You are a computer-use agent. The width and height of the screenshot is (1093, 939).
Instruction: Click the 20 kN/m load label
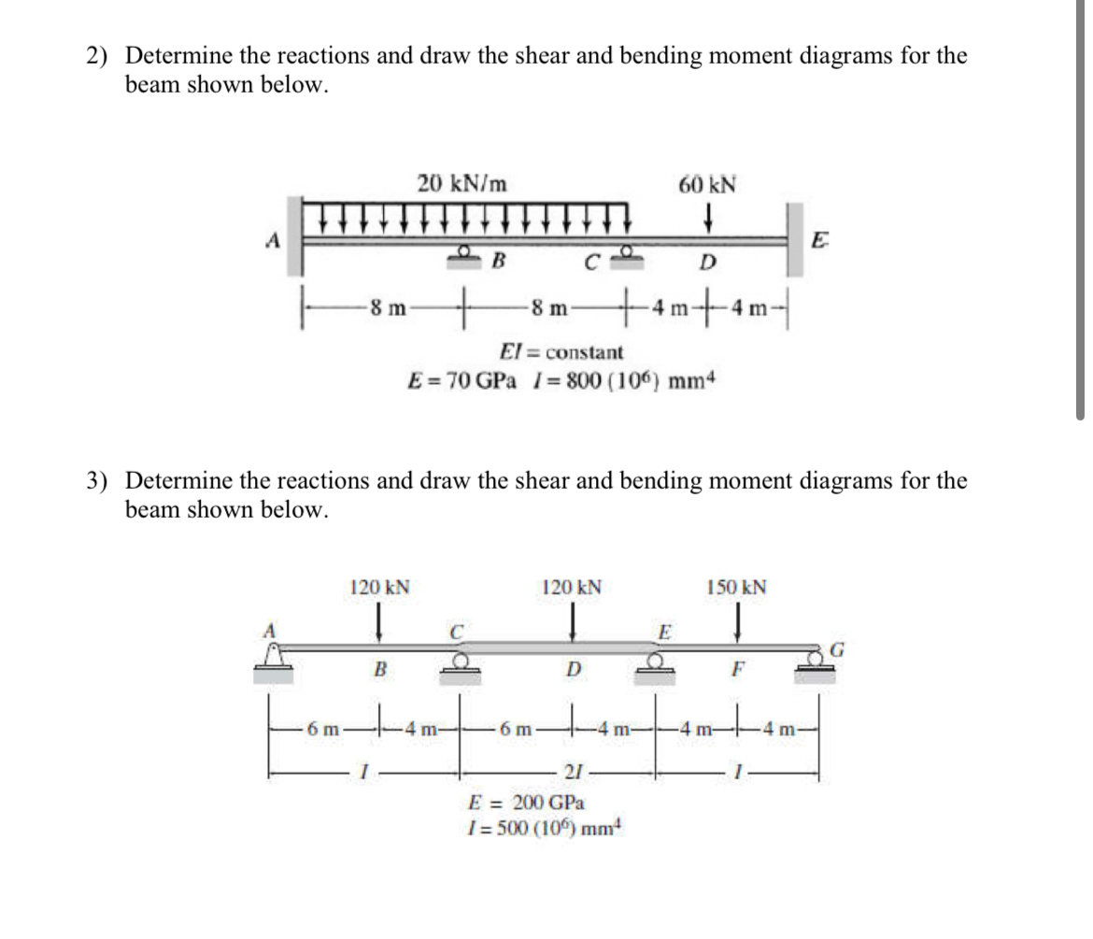point(462,184)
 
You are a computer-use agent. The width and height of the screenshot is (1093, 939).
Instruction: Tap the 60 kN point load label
point(706,184)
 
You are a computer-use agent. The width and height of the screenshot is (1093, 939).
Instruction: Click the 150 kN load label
point(737,588)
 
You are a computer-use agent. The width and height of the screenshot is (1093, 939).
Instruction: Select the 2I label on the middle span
point(573,771)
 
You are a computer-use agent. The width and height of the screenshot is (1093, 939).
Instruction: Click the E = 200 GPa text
point(526,803)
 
